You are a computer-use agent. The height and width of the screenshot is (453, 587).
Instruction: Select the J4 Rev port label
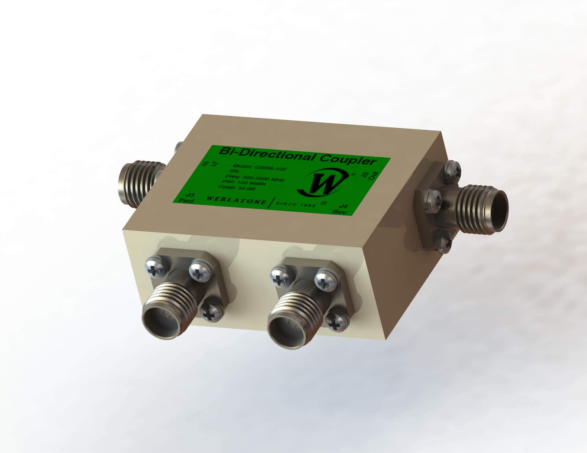[341, 210]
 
